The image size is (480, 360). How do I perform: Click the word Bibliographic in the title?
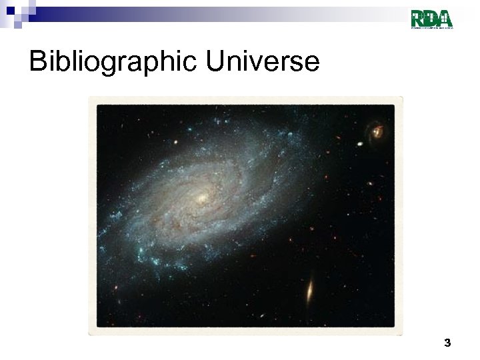pos(113,62)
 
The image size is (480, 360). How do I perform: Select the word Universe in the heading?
pos(263,62)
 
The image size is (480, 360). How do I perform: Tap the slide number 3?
pos(447,343)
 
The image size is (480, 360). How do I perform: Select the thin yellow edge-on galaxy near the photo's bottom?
pos(310,290)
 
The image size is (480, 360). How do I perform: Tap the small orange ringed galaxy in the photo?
pos(377,131)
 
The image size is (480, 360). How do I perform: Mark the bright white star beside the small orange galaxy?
pos(360,143)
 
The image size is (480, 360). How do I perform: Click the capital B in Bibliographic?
pos(38,62)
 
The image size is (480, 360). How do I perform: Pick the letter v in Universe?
pos(259,64)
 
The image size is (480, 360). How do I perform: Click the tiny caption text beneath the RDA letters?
pos(432,27)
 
